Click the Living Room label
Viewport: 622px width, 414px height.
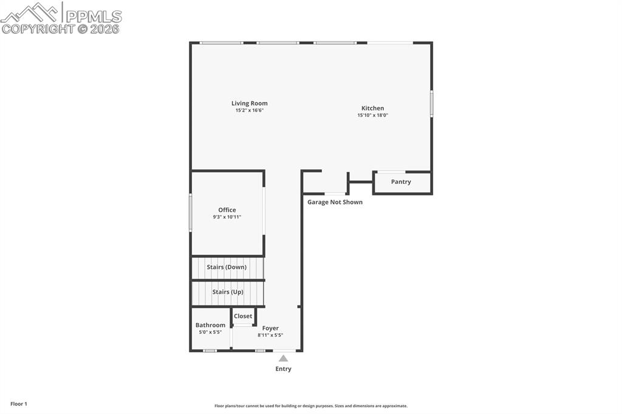point(249,103)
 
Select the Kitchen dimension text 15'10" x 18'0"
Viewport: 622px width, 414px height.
point(372,115)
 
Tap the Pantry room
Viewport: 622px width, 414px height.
point(401,182)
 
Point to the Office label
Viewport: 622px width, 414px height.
point(227,210)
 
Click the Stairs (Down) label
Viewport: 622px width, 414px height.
point(227,267)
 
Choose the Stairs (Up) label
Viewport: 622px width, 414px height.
point(228,292)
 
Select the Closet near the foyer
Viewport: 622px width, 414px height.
point(243,316)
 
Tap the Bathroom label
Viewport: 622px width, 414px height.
point(210,325)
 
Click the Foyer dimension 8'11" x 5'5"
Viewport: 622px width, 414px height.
point(270,335)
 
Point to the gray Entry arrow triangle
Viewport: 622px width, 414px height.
point(283,358)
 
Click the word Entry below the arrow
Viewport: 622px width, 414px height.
point(283,369)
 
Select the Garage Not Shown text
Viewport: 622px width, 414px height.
point(335,202)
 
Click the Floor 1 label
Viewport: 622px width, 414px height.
point(19,404)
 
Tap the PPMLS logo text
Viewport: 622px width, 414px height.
point(93,16)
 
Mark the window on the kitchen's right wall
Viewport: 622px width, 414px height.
point(431,103)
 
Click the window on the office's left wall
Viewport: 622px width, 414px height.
point(190,212)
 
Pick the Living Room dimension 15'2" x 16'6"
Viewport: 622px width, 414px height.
point(249,110)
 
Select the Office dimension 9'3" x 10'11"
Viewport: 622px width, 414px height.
point(227,217)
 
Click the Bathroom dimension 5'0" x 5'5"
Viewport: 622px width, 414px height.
point(210,332)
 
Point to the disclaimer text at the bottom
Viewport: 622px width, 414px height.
point(311,406)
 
